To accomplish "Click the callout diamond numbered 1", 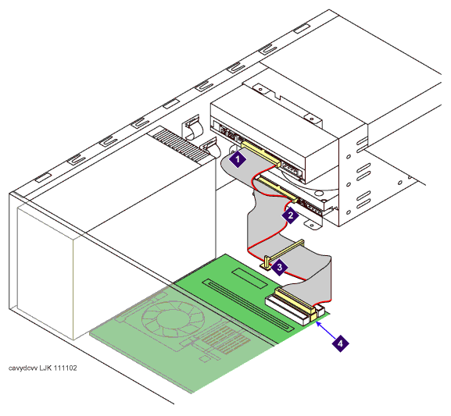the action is [x=238, y=159].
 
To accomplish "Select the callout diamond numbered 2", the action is [x=291, y=215].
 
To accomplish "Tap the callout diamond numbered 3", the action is [x=279, y=268].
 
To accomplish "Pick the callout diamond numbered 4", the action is [x=341, y=343].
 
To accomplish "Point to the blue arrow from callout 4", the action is [x=326, y=331].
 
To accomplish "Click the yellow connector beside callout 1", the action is [x=261, y=154].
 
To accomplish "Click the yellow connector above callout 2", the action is [x=277, y=189].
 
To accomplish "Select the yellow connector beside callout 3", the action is [x=284, y=254].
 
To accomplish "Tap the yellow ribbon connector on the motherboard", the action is [x=294, y=300].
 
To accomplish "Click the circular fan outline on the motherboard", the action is [x=173, y=318].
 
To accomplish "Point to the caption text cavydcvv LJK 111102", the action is [x=42, y=368].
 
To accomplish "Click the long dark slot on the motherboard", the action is [x=249, y=305].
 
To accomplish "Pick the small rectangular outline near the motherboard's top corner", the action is [x=250, y=278].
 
